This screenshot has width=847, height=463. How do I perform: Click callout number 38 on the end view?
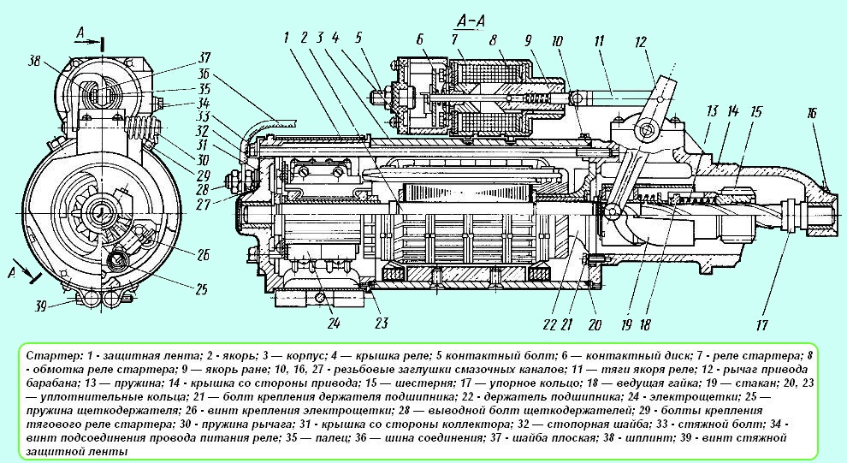(35, 62)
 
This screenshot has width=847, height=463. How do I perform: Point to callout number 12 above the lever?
(642, 40)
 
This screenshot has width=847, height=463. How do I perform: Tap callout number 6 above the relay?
(421, 40)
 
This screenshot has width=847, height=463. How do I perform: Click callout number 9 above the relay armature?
(530, 40)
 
